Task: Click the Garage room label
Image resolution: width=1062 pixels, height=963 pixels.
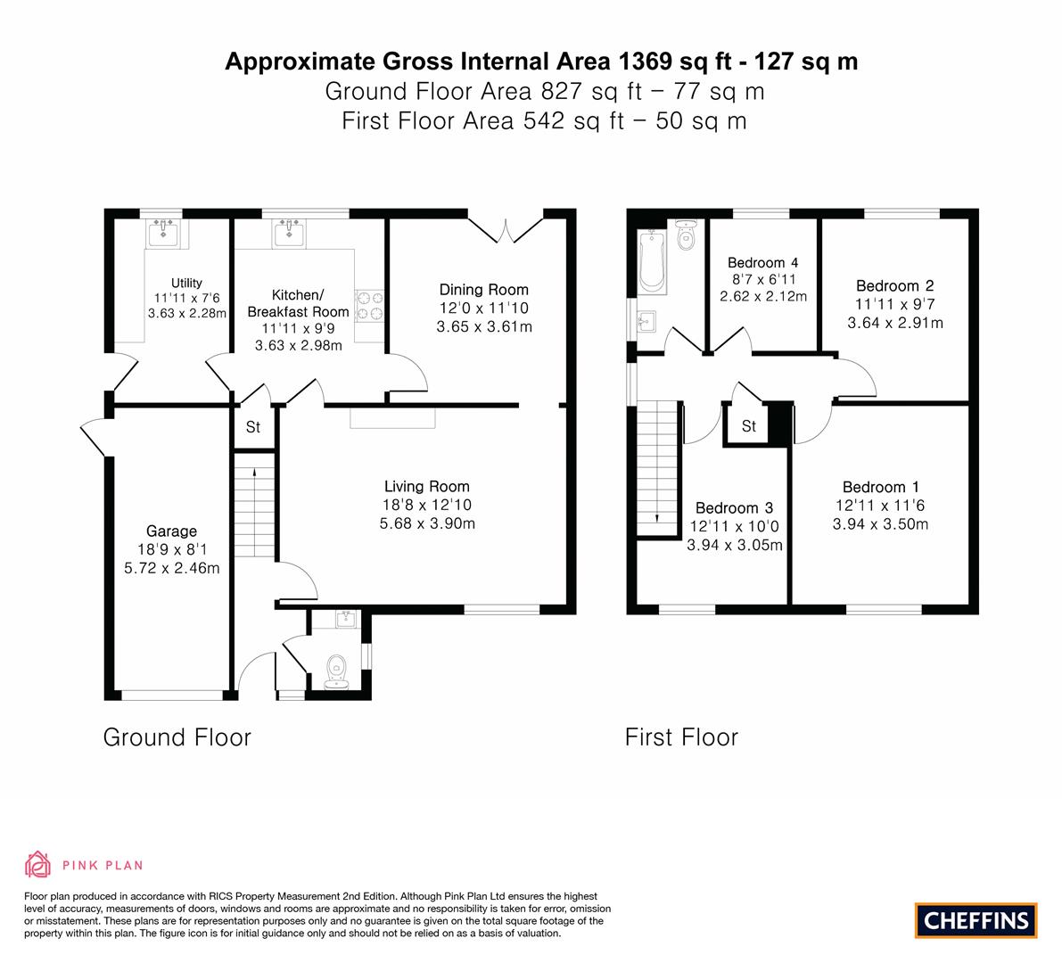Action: coord(172,531)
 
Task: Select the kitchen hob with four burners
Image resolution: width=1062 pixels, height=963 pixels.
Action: coord(370,305)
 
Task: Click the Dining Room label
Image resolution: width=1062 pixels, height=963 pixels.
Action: coord(483,290)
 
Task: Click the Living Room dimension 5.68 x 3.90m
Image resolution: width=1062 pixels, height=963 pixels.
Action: coord(427,523)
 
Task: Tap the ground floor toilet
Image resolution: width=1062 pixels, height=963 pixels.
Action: coord(337,671)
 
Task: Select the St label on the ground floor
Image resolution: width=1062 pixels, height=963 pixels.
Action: coord(253,427)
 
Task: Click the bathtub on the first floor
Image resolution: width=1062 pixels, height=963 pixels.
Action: coord(653,261)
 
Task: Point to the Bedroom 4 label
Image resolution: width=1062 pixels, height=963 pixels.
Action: coord(762,262)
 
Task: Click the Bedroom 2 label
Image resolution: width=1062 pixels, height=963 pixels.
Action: coord(894,286)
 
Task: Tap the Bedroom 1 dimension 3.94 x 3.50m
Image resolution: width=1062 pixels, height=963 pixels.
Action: coord(880,524)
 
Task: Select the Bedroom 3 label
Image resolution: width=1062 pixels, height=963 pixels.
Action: coord(734,507)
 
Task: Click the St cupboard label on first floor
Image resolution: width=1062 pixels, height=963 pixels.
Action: coord(749,426)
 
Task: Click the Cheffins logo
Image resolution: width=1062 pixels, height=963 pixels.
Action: coord(976,920)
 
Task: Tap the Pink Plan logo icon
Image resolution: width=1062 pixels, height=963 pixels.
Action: coord(38,864)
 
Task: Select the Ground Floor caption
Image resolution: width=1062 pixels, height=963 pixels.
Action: coord(177,737)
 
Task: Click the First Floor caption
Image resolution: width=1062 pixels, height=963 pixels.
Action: coord(681,737)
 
